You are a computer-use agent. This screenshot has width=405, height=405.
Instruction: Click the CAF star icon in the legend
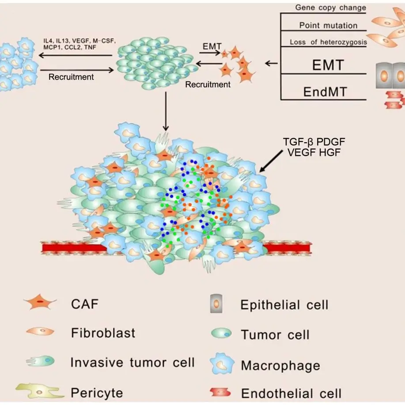pyautogui.click(x=40, y=304)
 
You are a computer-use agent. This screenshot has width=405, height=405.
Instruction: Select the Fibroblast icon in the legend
pyautogui.click(x=40, y=332)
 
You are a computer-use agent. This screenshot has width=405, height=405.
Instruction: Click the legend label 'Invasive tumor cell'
pyautogui.click(x=132, y=363)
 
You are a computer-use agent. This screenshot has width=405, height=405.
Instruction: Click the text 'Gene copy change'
pyautogui.click(x=330, y=8)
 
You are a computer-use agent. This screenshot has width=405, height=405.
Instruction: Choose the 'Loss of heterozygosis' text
pyautogui.click(x=328, y=42)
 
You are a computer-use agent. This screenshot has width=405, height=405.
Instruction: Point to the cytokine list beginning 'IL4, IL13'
pyautogui.click(x=79, y=44)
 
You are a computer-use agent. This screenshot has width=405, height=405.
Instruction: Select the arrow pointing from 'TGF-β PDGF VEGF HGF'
pyautogui.click(x=273, y=161)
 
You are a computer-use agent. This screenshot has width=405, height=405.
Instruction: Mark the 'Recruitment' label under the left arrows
pyautogui.click(x=71, y=77)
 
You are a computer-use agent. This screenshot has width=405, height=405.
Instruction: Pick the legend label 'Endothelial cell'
pyautogui.click(x=291, y=393)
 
